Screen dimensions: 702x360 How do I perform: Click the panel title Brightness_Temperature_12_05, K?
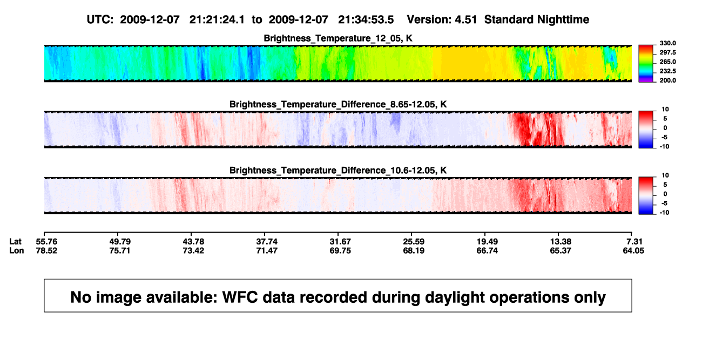click(x=338, y=38)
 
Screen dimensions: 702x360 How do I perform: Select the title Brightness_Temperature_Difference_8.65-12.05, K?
click(x=338, y=104)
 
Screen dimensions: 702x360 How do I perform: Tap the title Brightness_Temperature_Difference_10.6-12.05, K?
click(x=338, y=171)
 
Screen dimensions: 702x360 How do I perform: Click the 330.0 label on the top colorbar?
click(x=667, y=43)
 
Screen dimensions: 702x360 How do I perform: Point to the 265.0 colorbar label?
click(x=667, y=62)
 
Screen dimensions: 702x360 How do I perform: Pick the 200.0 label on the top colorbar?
click(x=667, y=80)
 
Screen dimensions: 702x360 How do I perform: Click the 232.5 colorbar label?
click(x=667, y=71)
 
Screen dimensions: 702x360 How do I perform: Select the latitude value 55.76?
click(x=46, y=242)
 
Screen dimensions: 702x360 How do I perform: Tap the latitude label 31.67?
click(x=340, y=242)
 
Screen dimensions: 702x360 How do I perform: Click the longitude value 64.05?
click(x=633, y=250)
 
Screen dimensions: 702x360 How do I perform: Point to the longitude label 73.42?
click(x=193, y=250)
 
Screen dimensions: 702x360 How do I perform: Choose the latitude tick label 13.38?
click(x=561, y=242)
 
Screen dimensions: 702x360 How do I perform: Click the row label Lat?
click(x=15, y=242)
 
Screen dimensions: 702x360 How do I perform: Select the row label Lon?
click(x=16, y=250)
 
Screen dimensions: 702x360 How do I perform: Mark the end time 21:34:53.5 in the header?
click(x=366, y=20)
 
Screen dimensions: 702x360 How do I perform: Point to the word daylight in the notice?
click(x=453, y=297)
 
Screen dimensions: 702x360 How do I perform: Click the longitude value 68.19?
click(x=414, y=250)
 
